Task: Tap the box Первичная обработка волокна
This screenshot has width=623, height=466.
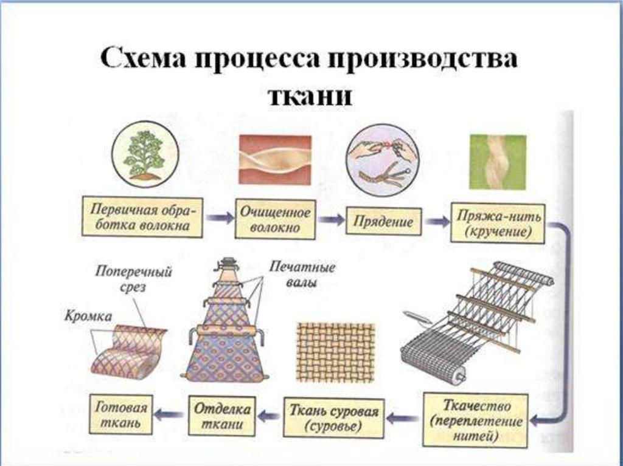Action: pos(142,217)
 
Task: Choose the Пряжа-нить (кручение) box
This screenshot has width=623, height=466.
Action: pos(498,223)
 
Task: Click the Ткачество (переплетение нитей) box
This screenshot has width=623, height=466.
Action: pos(475,419)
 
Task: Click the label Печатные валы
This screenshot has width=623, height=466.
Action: pos(302,275)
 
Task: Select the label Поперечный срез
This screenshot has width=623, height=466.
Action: pos(133,279)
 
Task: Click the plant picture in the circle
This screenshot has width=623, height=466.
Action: pos(144,155)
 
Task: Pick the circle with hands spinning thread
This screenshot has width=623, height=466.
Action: pos(381,160)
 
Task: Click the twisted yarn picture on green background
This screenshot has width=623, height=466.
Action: pos(498,162)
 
